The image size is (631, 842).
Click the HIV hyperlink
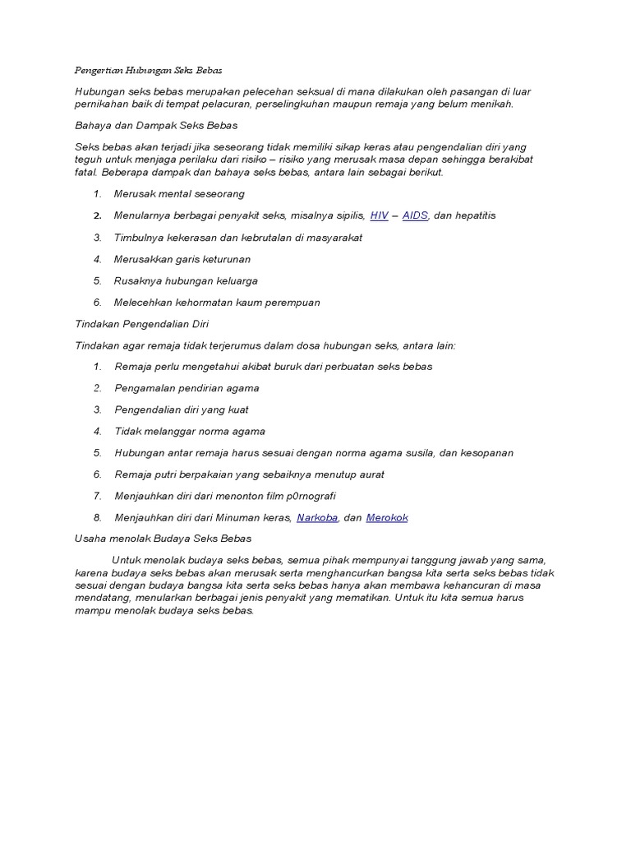[x=379, y=215]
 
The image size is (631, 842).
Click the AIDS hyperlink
[x=416, y=215]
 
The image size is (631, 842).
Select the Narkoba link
[x=317, y=517]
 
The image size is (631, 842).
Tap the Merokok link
[x=386, y=517]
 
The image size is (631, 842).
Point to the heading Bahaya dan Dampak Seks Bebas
[x=156, y=125]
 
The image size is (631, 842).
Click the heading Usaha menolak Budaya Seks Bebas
[x=163, y=539]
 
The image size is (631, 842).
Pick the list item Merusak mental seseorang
[x=180, y=194]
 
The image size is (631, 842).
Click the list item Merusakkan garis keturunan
[x=183, y=259]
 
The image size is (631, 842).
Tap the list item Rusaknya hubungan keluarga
[x=186, y=280]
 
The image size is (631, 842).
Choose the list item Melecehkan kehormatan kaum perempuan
[x=218, y=302]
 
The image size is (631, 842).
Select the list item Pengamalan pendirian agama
[x=187, y=388]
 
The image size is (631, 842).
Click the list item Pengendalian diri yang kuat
[x=182, y=409]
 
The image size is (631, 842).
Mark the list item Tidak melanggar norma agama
[x=191, y=431]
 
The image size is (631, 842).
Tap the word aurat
[x=370, y=474]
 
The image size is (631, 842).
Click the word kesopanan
[x=484, y=453]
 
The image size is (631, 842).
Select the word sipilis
[x=348, y=215]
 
